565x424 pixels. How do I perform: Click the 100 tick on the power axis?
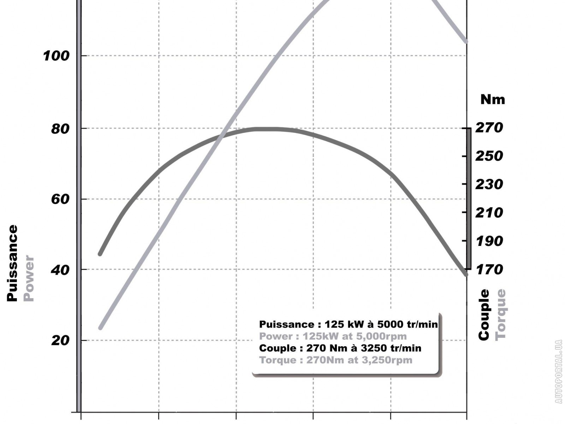click(x=56, y=56)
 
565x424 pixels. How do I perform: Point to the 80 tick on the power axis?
click(x=60, y=129)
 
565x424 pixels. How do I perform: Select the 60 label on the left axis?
click(x=60, y=199)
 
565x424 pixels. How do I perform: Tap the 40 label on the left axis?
click(x=60, y=270)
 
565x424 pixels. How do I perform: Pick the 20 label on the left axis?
click(x=60, y=341)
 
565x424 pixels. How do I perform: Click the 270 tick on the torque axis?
click(x=489, y=128)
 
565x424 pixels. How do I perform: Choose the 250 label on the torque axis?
click(x=489, y=156)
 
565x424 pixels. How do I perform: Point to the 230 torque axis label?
click(x=489, y=184)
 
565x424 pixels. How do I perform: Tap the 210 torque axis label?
click(x=489, y=212)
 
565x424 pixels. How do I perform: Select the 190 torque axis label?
click(x=489, y=241)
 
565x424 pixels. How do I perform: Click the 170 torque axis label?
click(x=489, y=270)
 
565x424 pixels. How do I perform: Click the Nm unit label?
click(x=493, y=100)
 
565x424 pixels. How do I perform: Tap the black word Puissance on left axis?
click(x=12, y=263)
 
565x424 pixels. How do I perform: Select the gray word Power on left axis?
click(x=29, y=278)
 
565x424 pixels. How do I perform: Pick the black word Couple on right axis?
click(x=484, y=315)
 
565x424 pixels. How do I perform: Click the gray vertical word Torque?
click(x=500, y=315)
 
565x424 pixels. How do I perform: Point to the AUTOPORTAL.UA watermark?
click(x=558, y=371)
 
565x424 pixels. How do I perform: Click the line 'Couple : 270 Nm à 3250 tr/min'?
click(x=340, y=348)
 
